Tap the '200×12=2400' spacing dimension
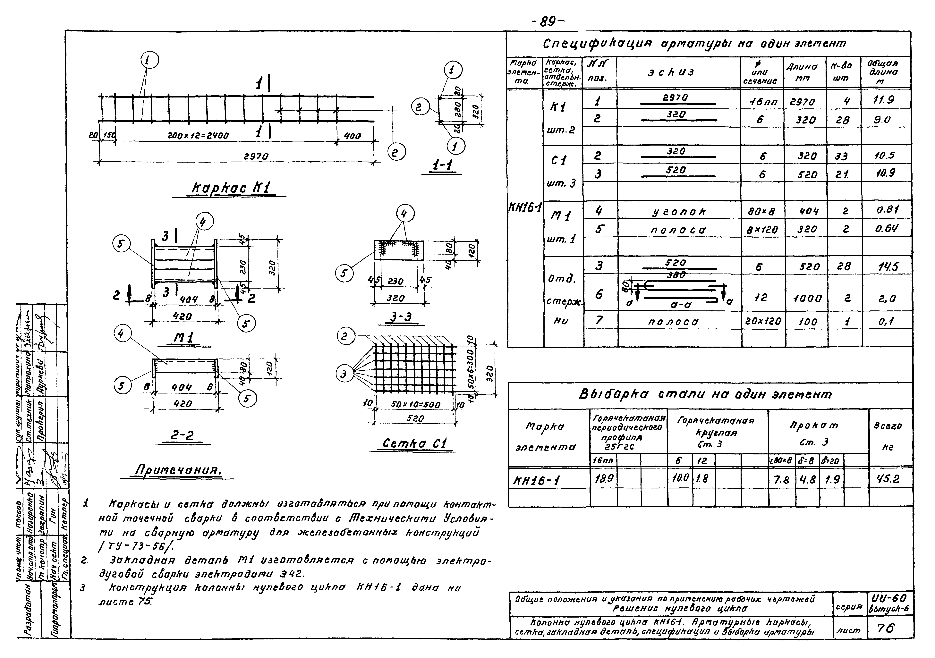pyautogui.click(x=198, y=136)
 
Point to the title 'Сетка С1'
pyautogui.click(x=415, y=443)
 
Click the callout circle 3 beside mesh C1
pyautogui.click(x=344, y=374)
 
